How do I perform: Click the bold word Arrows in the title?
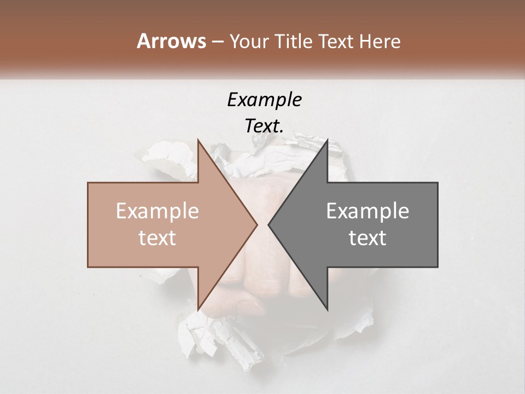click(171, 41)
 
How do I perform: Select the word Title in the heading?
click(293, 42)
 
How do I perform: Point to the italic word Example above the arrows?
click(264, 100)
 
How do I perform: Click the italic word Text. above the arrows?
click(264, 126)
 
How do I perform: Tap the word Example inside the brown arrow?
click(157, 211)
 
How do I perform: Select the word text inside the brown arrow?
click(157, 237)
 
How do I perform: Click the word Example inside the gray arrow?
click(367, 211)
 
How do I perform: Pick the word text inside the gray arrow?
click(367, 237)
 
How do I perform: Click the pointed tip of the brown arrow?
click(256, 224)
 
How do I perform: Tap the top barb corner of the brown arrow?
click(198, 141)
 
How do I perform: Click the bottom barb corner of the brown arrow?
click(198, 309)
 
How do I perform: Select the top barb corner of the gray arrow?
click(328, 141)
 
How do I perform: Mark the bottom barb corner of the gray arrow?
click(328, 309)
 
